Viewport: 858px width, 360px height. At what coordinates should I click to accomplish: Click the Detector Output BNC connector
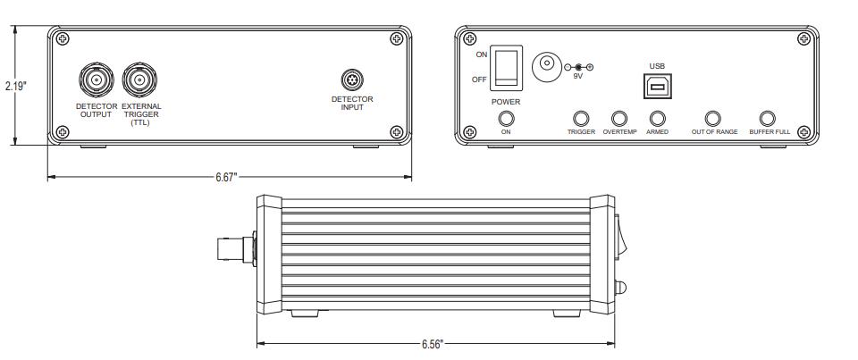coord(97,80)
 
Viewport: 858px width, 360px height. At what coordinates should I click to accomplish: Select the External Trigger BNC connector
coord(139,80)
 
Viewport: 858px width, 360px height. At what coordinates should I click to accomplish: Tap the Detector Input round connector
coord(352,80)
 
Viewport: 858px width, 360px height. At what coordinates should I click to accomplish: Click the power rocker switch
coord(506,68)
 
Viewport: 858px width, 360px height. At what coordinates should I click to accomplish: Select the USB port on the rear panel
coord(657,86)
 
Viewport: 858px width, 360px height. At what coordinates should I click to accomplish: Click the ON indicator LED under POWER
coord(506,119)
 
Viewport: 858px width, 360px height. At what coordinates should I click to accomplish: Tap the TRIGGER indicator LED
coord(581,119)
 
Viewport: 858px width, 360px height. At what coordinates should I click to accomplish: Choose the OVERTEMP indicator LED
coord(619,119)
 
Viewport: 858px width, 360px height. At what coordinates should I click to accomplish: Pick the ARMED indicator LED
coord(657,119)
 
